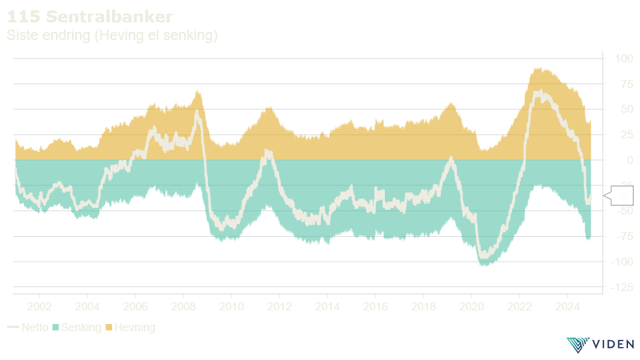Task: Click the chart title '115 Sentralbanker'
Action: click(x=90, y=16)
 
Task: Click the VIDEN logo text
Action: click(x=613, y=345)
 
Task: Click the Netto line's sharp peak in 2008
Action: click(x=197, y=110)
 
